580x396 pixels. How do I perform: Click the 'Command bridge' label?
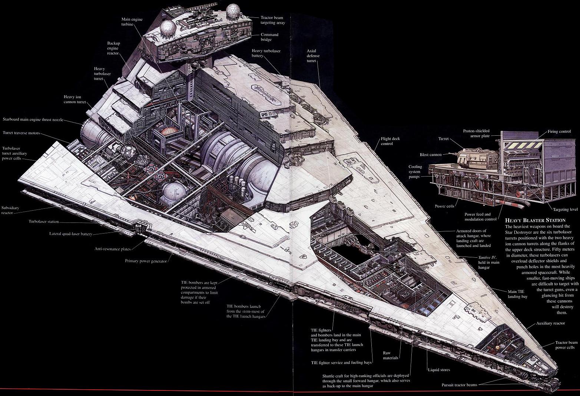pos(269,37)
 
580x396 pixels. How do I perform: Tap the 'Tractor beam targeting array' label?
pos(273,20)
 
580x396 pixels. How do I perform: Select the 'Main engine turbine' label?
pos(132,22)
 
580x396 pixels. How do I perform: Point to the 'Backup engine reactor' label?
pos(113,48)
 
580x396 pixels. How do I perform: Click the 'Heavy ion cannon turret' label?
pos(75,99)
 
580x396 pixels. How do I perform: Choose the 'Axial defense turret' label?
pos(313,56)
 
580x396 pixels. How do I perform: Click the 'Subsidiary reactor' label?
pos(10,210)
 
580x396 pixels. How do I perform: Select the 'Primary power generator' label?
pos(146,261)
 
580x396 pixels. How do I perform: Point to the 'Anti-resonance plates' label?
pos(113,249)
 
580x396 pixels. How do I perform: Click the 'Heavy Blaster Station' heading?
pos(535,220)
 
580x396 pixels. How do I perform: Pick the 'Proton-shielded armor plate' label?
pos(476,133)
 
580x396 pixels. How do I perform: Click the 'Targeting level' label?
pos(565,209)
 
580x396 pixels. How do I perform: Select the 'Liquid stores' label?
pos(439,370)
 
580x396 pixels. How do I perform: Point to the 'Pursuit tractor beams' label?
pos(459,385)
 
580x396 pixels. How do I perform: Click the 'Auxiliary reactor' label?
pos(550,323)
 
